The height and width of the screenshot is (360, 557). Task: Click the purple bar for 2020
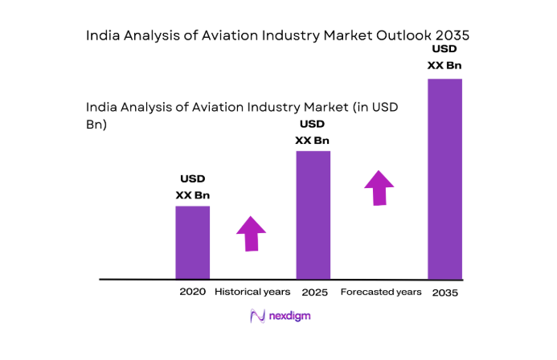[193, 242]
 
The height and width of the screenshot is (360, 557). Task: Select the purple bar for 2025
[313, 215]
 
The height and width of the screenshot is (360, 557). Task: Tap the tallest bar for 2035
[444, 178]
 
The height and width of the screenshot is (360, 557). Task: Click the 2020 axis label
[193, 291]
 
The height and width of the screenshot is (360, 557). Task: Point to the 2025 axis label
[314, 292]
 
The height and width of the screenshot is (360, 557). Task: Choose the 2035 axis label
[444, 292]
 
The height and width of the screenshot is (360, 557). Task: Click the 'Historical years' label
[253, 291]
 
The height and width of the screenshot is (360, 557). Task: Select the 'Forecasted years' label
[381, 291]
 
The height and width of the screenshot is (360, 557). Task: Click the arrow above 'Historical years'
[252, 234]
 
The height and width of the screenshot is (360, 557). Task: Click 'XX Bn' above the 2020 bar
[193, 194]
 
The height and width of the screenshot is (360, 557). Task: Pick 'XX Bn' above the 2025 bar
[313, 141]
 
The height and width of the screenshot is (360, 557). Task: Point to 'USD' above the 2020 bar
[193, 178]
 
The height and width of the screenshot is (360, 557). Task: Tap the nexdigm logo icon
[257, 316]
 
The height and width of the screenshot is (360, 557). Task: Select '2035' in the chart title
[451, 36]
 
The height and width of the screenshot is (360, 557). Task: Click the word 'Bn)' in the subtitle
[96, 125]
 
